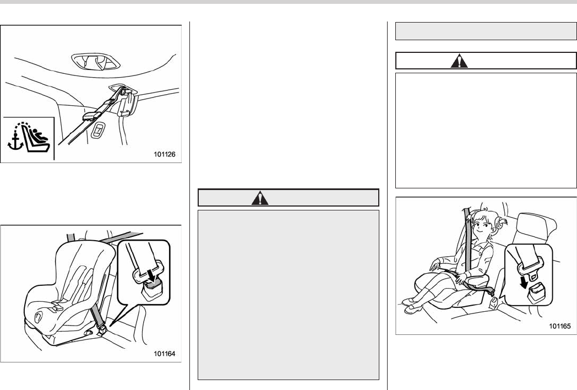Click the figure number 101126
[x=164, y=154]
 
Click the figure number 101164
[x=164, y=354]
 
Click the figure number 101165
[x=560, y=326]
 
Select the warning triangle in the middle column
[x=260, y=198]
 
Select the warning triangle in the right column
[x=459, y=61]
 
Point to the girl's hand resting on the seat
[x=435, y=265]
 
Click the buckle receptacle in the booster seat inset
[x=537, y=293]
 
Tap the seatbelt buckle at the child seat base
[x=102, y=329]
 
